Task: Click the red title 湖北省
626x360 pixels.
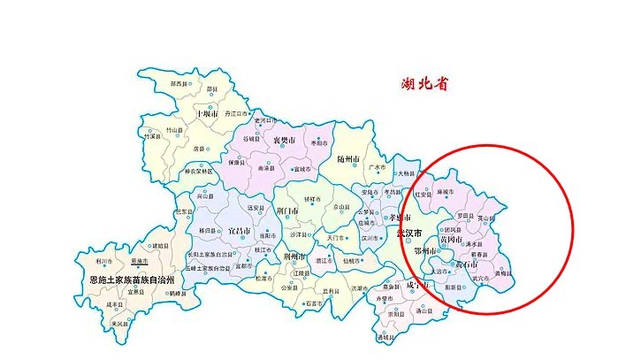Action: (424, 85)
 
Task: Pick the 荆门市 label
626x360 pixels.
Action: (290, 211)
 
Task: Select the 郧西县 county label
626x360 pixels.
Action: (180, 83)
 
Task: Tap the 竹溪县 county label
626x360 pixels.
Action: (156, 136)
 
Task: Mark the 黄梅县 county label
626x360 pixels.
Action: (502, 273)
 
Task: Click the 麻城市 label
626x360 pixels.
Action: (445, 191)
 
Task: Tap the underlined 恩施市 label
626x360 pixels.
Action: (139, 262)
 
